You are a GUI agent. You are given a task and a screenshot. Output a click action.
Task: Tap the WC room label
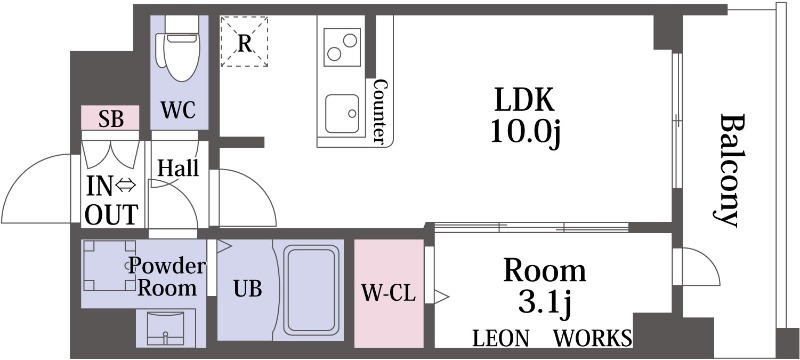tap(179, 110)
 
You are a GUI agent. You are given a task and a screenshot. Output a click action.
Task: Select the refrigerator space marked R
tap(244, 41)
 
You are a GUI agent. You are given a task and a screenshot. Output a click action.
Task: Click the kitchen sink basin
tap(342, 113)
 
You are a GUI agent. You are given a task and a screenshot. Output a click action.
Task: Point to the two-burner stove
tap(342, 47)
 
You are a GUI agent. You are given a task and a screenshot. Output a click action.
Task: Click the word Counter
tap(379, 111)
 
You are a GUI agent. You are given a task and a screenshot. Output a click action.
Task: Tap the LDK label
tap(525, 100)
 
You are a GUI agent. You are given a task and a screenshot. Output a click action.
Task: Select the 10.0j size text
tap(526, 133)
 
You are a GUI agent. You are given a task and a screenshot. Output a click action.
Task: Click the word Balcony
tap(727, 170)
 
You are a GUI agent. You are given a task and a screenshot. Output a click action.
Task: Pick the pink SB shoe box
tap(110, 118)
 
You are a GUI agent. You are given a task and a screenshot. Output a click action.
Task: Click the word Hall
tap(178, 167)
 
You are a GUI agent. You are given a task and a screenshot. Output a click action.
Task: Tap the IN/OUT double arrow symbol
tap(126, 187)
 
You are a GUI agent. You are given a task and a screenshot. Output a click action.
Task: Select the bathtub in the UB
tap(311, 289)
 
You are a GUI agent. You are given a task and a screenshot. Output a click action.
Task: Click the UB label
tap(248, 289)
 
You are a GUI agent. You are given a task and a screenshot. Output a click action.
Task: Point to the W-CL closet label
tap(389, 293)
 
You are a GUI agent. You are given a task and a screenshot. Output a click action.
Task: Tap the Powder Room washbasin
tap(165, 327)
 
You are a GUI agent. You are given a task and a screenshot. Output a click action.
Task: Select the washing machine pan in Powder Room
tap(108, 265)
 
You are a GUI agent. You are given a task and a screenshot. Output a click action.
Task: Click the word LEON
tap(501, 338)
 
